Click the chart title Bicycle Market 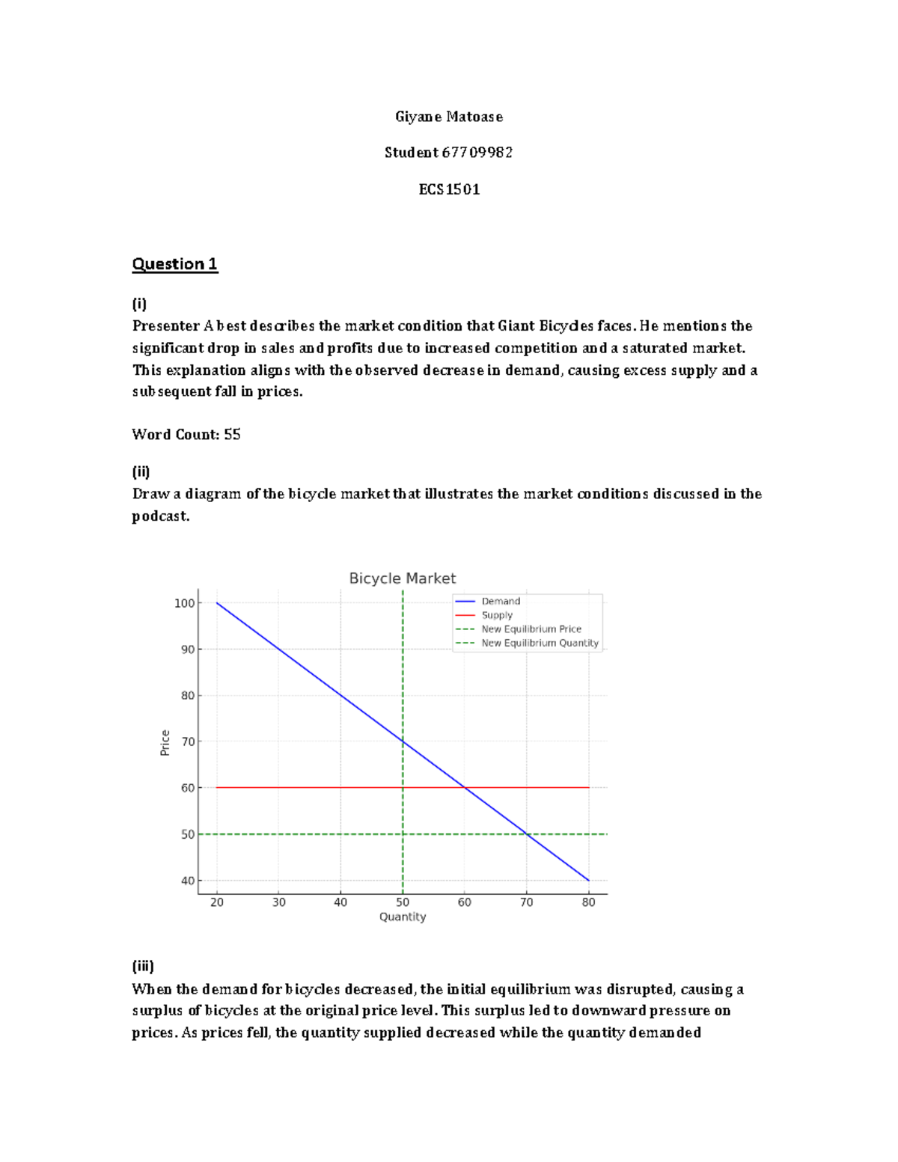pyautogui.click(x=402, y=578)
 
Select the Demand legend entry pyautogui.click(x=500, y=601)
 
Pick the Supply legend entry pyautogui.click(x=497, y=615)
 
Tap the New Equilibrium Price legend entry pyautogui.click(x=531, y=629)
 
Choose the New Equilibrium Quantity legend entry pyautogui.click(x=540, y=643)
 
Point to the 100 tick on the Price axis pyautogui.click(x=184, y=603)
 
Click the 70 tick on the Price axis pyautogui.click(x=187, y=741)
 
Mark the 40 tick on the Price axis pyautogui.click(x=187, y=881)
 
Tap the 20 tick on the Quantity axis pyautogui.click(x=217, y=902)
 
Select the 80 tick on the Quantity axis pyautogui.click(x=589, y=902)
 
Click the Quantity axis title pyautogui.click(x=403, y=917)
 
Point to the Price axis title pyautogui.click(x=165, y=743)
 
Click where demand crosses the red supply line pyautogui.click(x=465, y=788)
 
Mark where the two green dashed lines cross pyautogui.click(x=403, y=834)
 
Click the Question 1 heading pyautogui.click(x=174, y=264)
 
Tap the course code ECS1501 pyautogui.click(x=449, y=189)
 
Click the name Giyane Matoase pyautogui.click(x=449, y=117)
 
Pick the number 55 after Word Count pyautogui.click(x=232, y=435)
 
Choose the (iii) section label pyautogui.click(x=143, y=966)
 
